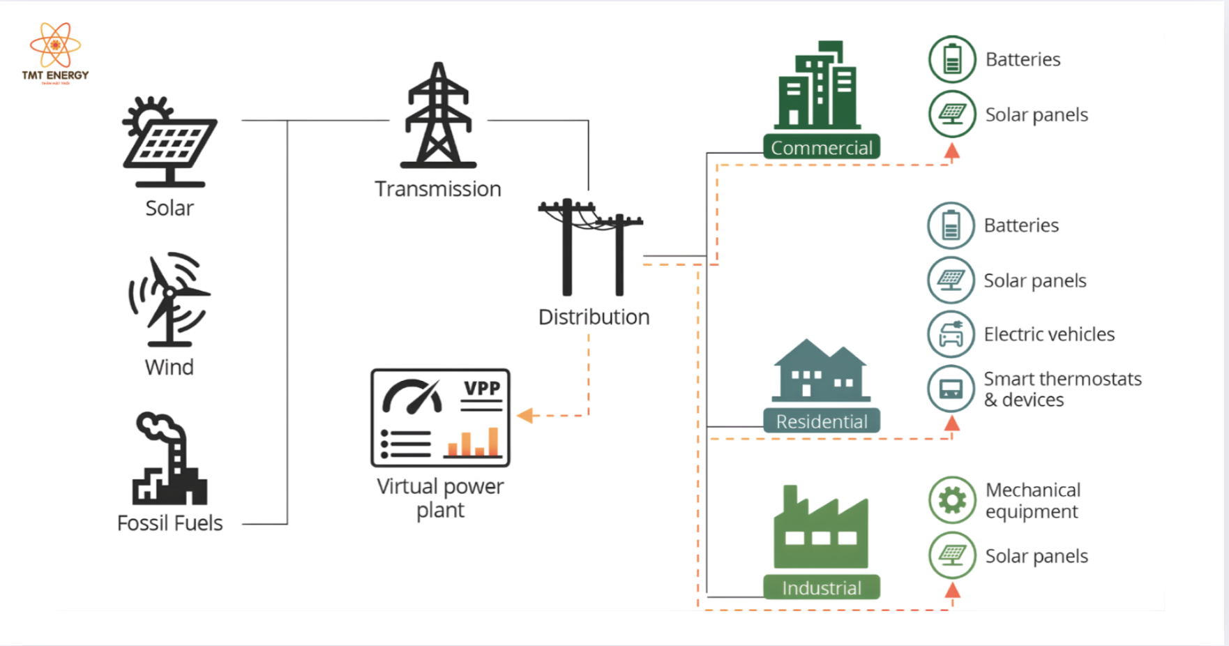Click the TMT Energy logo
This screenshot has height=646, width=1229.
pyautogui.click(x=55, y=53)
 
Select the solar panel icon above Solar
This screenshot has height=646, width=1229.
pyautogui.click(x=169, y=143)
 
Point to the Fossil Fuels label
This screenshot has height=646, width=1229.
pyautogui.click(x=169, y=523)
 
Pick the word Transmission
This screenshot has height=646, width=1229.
pyautogui.click(x=438, y=189)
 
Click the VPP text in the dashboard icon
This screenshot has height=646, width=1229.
pyautogui.click(x=482, y=389)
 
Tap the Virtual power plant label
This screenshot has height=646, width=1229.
pyautogui.click(x=440, y=498)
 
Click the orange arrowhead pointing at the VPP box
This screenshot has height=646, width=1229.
pyautogui.click(x=525, y=416)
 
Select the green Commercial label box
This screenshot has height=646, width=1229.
pyautogui.click(x=822, y=148)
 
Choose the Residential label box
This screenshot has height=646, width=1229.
pyautogui.click(x=822, y=421)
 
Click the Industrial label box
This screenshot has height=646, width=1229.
pyautogui.click(x=822, y=588)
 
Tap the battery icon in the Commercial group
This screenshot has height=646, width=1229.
pyautogui.click(x=952, y=59)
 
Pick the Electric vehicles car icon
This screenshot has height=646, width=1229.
pyautogui.click(x=951, y=335)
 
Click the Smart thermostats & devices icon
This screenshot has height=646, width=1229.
pyautogui.click(x=951, y=389)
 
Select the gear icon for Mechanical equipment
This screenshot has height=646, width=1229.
pyautogui.click(x=952, y=500)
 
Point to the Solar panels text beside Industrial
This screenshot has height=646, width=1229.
pyautogui.click(x=1036, y=556)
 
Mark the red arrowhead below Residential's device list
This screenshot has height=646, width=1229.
pyautogui.click(x=952, y=423)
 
